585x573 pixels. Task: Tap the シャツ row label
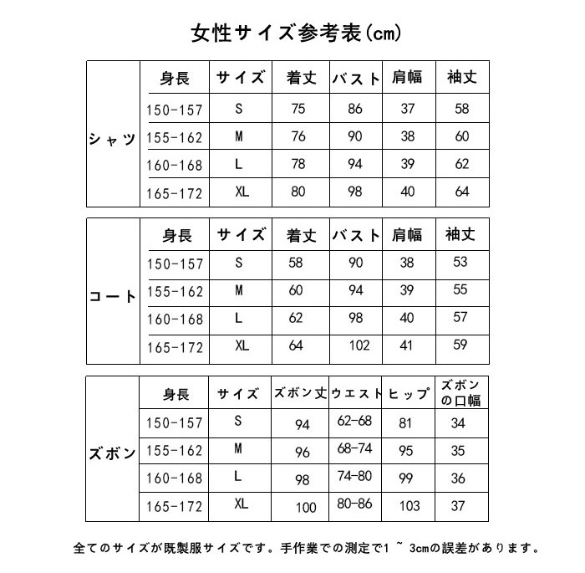click(113, 139)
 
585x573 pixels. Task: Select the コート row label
click(113, 297)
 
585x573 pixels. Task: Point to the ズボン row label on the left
click(113, 453)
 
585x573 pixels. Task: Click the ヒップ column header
click(407, 393)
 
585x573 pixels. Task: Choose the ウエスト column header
click(354, 393)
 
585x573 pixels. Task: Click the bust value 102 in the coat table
click(359, 345)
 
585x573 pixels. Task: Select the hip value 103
click(409, 505)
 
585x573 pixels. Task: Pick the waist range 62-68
click(354, 421)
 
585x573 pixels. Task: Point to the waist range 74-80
click(354, 477)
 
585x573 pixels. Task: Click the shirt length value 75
click(298, 109)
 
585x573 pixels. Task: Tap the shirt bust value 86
click(355, 109)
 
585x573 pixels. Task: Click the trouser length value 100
click(306, 508)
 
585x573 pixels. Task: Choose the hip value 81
click(406, 423)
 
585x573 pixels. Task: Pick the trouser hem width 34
click(458, 423)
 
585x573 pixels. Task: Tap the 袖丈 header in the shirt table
click(461, 77)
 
